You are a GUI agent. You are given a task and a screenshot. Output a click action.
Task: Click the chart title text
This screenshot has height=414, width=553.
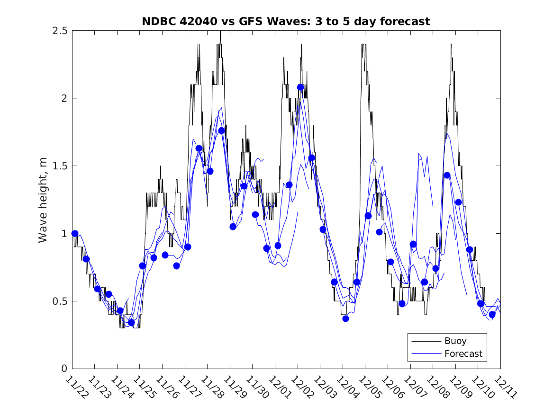[x=286, y=22]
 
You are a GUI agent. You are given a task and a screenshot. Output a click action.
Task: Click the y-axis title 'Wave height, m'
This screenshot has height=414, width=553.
[x=43, y=199]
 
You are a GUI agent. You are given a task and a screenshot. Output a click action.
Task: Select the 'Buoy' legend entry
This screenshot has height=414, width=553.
[x=455, y=341]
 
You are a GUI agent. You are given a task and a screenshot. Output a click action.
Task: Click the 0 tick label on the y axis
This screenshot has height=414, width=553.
[x=64, y=369]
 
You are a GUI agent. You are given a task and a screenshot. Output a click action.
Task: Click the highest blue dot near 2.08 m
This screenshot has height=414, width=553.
[x=300, y=88]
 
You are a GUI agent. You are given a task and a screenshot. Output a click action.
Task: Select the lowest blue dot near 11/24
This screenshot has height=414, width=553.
[x=131, y=323]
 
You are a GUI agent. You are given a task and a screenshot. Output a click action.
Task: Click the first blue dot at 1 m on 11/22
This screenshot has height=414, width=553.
[x=75, y=234]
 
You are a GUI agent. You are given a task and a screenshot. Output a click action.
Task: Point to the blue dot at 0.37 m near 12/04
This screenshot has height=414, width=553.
[x=345, y=318]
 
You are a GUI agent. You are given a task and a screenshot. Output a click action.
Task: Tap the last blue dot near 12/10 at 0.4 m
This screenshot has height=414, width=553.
[x=492, y=315]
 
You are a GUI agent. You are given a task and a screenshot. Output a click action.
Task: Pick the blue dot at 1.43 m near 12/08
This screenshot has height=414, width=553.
[x=447, y=175]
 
